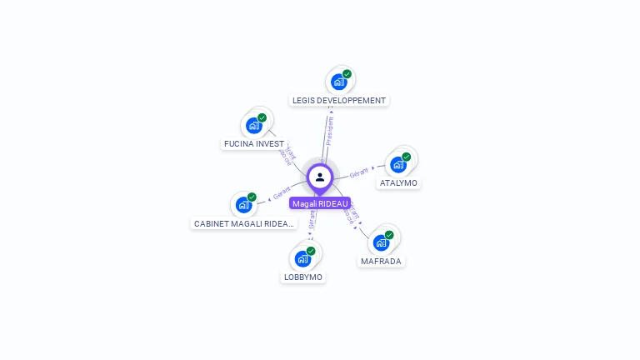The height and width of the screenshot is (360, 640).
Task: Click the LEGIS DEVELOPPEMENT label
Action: [x=339, y=100]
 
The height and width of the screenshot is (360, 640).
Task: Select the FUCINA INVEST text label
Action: [x=254, y=143]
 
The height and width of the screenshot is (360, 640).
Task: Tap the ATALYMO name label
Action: [x=398, y=182]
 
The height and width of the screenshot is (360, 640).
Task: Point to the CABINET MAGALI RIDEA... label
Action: [x=243, y=223]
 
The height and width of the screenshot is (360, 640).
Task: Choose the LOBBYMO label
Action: [x=302, y=277]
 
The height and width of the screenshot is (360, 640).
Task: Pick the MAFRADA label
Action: [x=381, y=261]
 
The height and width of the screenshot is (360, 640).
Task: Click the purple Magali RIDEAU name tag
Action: [x=320, y=203]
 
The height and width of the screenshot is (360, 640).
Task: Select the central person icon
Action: [x=320, y=177]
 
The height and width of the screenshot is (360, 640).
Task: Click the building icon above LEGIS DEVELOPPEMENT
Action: [x=338, y=82]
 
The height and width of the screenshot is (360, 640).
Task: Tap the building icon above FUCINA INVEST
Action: [x=253, y=126]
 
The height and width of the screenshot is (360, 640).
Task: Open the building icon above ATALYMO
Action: [x=397, y=164]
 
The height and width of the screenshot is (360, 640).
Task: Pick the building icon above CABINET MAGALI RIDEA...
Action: [x=242, y=204]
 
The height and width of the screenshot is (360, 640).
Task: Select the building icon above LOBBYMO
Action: [x=302, y=258]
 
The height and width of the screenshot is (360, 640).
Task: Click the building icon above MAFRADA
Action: [x=381, y=242]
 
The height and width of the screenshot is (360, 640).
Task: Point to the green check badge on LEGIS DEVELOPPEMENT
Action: [x=347, y=74]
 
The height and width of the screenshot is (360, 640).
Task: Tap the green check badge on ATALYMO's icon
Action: [x=407, y=157]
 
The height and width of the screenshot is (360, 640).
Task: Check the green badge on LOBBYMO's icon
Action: [x=311, y=251]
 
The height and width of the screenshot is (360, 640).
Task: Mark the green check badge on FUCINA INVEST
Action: [x=262, y=118]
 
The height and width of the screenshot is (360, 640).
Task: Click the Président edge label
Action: [x=329, y=131]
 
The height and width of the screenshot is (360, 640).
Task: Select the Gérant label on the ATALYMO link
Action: [x=359, y=172]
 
